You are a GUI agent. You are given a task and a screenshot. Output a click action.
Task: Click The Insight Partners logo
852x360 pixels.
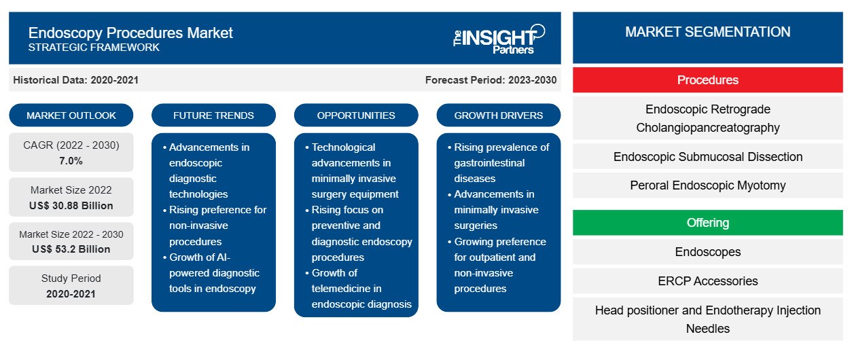pyautogui.click(x=499, y=38)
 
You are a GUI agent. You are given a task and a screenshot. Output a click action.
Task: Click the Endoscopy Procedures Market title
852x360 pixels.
pyautogui.click(x=130, y=33)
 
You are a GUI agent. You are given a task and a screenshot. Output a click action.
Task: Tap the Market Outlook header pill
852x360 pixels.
pyautogui.click(x=71, y=115)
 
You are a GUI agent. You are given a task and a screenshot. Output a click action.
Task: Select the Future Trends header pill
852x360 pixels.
pyautogui.click(x=213, y=115)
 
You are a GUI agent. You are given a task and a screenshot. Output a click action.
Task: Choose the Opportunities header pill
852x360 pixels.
pyautogui.click(x=356, y=115)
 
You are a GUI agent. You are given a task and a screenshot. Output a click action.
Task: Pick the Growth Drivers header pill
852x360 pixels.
pyautogui.click(x=499, y=115)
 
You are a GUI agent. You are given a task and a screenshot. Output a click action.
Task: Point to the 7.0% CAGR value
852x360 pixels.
pyautogui.click(x=71, y=161)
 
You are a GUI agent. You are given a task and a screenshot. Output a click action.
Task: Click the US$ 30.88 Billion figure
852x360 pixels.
pyautogui.click(x=72, y=205)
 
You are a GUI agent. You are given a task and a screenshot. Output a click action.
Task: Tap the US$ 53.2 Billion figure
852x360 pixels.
pyautogui.click(x=71, y=249)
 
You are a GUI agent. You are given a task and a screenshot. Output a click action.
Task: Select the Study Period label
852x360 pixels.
pyautogui.click(x=71, y=278)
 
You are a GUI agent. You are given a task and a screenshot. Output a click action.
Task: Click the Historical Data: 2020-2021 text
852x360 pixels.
pyautogui.click(x=75, y=80)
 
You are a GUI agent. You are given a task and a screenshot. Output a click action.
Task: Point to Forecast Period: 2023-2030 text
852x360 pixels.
pyautogui.click(x=491, y=80)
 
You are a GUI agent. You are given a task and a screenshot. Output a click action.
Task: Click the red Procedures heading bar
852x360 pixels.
pyautogui.click(x=707, y=80)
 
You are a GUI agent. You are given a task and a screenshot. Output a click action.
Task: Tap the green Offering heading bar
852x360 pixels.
pyautogui.click(x=707, y=223)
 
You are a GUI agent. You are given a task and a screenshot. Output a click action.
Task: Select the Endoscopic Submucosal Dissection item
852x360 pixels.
pyautogui.click(x=707, y=157)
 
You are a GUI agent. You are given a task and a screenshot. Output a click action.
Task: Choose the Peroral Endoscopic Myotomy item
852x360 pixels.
pyautogui.click(x=707, y=185)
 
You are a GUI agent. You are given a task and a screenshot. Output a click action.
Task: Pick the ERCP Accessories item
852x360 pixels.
pyautogui.click(x=707, y=281)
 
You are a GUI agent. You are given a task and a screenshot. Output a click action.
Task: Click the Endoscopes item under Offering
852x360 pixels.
pyautogui.click(x=707, y=252)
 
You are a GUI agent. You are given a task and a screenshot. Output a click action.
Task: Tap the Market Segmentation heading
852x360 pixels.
pyautogui.click(x=707, y=32)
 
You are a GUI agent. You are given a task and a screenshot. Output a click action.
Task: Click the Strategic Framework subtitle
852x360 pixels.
pyautogui.click(x=94, y=48)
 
